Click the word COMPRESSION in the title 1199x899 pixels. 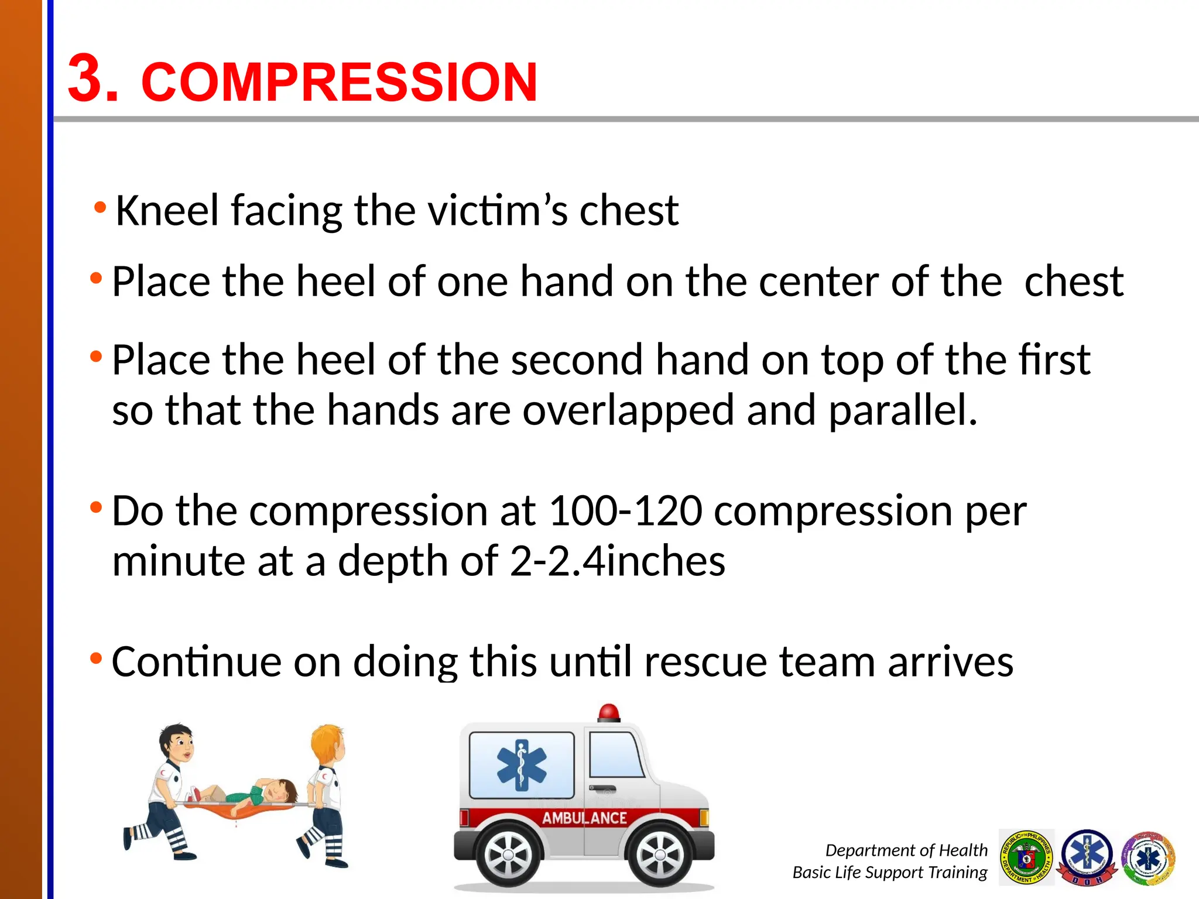coord(339,82)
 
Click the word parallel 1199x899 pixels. coord(903,410)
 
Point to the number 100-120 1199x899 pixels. coord(625,511)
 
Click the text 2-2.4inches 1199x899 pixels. coord(617,561)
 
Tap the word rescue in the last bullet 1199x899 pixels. coord(705,662)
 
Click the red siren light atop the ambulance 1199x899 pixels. coord(609,712)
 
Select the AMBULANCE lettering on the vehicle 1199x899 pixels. coord(584,818)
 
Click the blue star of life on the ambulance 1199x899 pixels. coord(521,765)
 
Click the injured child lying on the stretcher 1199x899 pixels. coord(258,793)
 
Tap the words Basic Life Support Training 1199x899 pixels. coord(889,872)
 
